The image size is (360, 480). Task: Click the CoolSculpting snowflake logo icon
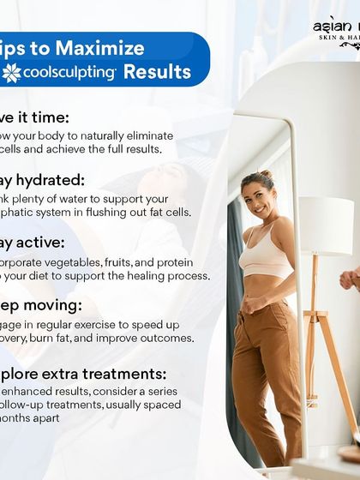click(12, 73)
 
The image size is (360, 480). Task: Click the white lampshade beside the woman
click(327, 225)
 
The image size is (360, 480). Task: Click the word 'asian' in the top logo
click(330, 23)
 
